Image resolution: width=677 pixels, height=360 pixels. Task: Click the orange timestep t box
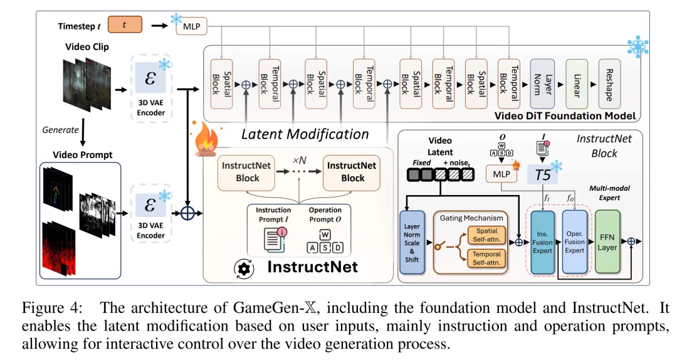(125, 25)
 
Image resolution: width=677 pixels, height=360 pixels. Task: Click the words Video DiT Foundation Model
(565, 115)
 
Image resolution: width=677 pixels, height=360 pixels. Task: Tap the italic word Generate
(60, 130)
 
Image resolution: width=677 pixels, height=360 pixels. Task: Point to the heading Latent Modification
(305, 134)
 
